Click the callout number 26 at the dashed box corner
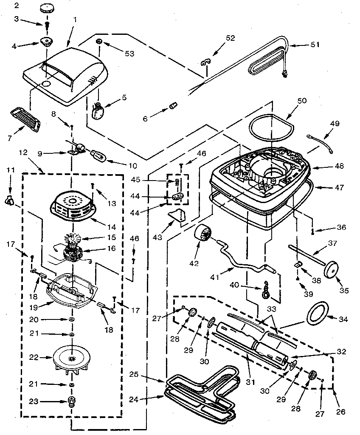point(340,411)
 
